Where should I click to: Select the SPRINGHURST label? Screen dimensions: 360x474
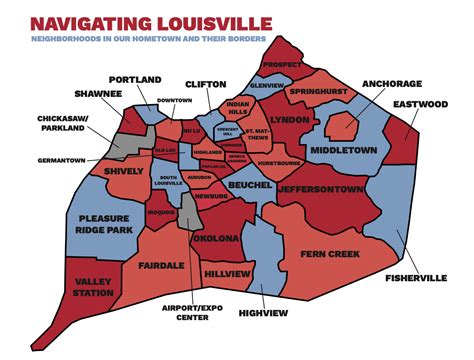(x=316, y=91)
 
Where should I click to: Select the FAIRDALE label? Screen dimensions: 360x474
(x=161, y=266)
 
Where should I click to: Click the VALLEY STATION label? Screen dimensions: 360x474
(x=62, y=289)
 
